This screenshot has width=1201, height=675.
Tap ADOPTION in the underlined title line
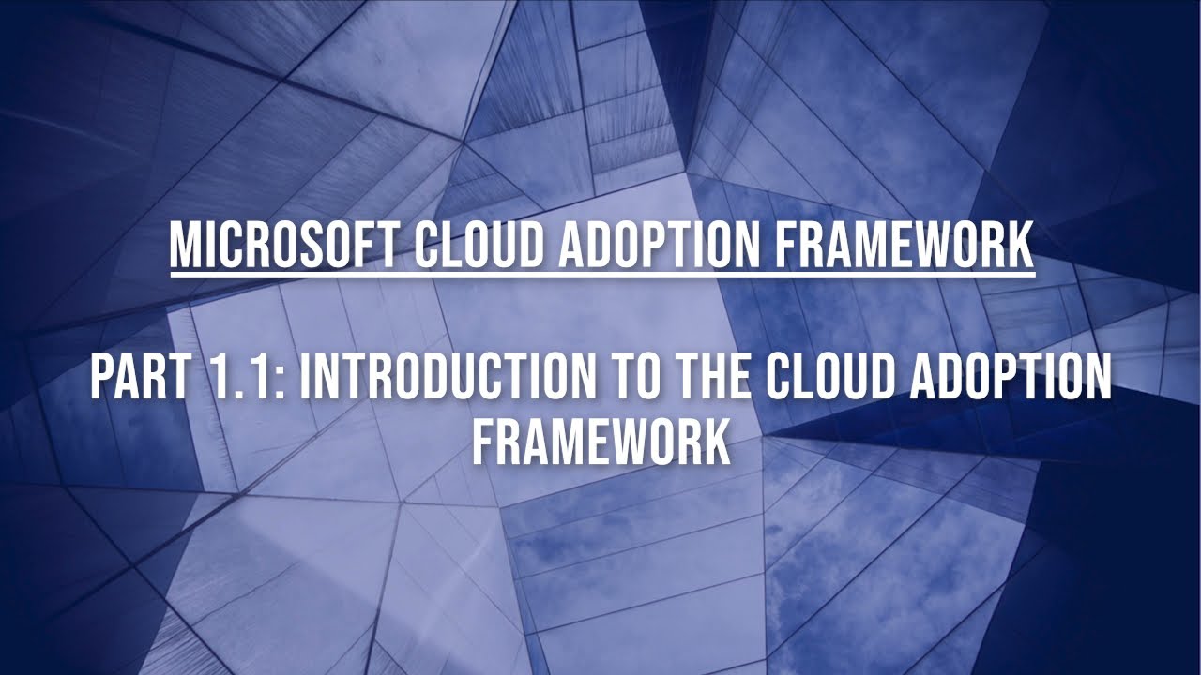click(663, 246)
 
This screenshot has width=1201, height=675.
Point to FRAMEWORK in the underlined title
click(905, 246)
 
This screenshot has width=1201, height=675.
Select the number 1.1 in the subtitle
click(244, 379)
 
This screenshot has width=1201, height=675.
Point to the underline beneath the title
click(600, 274)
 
